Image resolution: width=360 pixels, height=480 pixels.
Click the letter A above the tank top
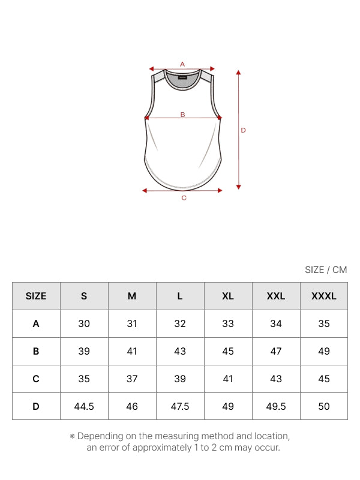coord(182,64)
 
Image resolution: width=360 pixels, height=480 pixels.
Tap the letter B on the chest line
coord(183,115)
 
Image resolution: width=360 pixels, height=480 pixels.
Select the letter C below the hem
coord(184,198)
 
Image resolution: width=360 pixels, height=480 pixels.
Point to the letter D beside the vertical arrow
coord(244,130)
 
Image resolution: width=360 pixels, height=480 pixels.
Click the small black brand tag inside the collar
coord(182,77)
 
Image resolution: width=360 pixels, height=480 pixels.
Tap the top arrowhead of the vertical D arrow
coord(238,72)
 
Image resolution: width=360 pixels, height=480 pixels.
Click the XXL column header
coord(276,296)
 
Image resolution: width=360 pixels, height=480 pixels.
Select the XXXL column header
coord(324,296)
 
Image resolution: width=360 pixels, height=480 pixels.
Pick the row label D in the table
coord(36,406)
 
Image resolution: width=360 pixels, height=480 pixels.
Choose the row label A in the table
coord(36,323)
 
